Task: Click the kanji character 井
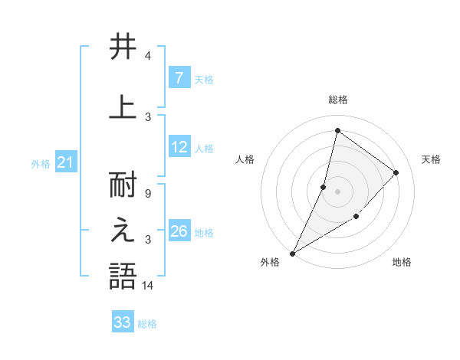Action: [123, 47]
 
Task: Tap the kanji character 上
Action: [123, 106]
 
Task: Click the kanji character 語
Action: [123, 276]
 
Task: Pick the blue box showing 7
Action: [179, 78]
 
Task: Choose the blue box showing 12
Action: [179, 148]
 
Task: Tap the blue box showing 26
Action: [179, 232]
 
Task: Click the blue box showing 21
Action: [66, 163]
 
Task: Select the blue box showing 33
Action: [122, 322]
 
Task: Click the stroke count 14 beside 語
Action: [148, 286]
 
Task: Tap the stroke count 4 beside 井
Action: [147, 56]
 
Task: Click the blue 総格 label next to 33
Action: [147, 324]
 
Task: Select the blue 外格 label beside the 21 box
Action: [40, 164]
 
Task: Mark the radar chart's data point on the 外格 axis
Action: [292, 253]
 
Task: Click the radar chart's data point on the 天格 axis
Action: [396, 172]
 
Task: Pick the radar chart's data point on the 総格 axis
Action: [337, 131]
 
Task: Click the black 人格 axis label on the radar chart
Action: [245, 159]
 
